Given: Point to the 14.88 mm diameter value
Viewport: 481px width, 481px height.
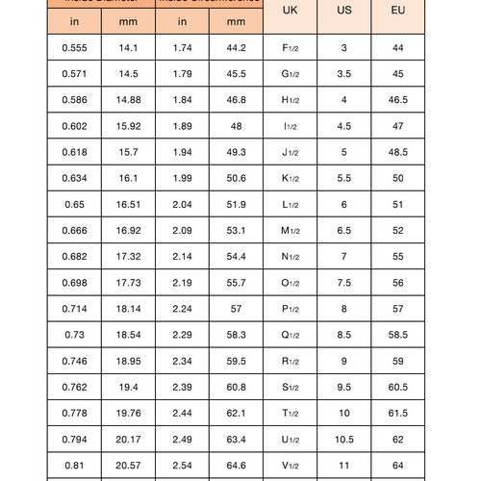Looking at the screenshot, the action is (x=128, y=100).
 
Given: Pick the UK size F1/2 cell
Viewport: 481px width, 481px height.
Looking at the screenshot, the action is (x=290, y=48).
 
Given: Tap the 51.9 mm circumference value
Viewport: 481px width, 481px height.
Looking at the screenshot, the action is (x=236, y=204).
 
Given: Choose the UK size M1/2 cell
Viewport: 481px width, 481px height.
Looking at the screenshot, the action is (x=290, y=230).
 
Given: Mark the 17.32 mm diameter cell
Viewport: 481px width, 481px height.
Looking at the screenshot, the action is (x=128, y=256).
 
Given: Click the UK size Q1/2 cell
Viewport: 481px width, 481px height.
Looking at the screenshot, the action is (x=290, y=334).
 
